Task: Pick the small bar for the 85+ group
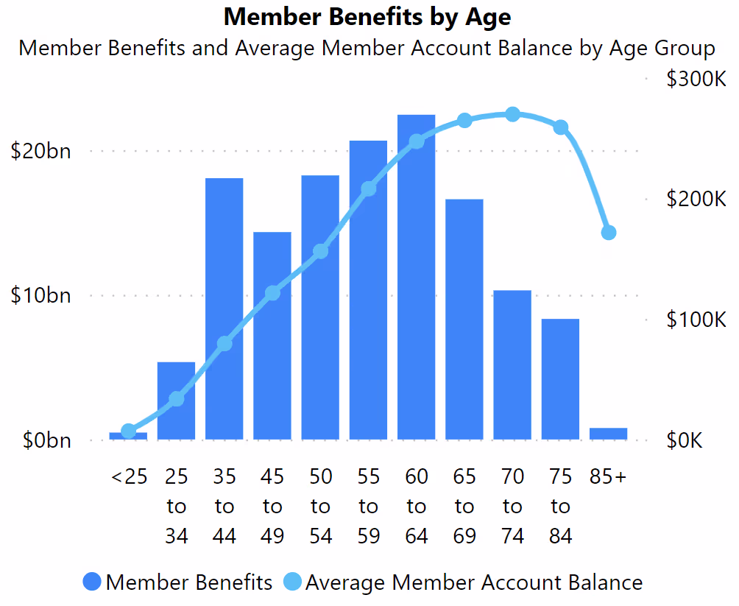(608, 434)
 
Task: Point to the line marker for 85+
(609, 233)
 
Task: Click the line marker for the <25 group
(129, 431)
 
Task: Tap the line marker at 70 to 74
(513, 114)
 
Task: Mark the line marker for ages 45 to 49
(272, 293)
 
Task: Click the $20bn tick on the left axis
(41, 151)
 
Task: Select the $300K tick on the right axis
(696, 79)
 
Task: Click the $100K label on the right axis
(696, 320)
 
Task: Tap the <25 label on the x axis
(129, 477)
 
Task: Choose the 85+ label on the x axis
(608, 477)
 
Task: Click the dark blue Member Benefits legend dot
(92, 582)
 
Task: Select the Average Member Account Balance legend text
(473, 582)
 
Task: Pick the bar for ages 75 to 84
(560, 379)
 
